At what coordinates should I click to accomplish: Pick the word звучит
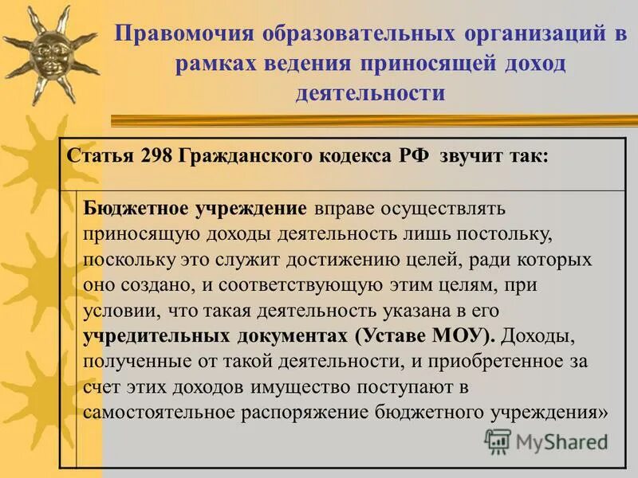[474, 156]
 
